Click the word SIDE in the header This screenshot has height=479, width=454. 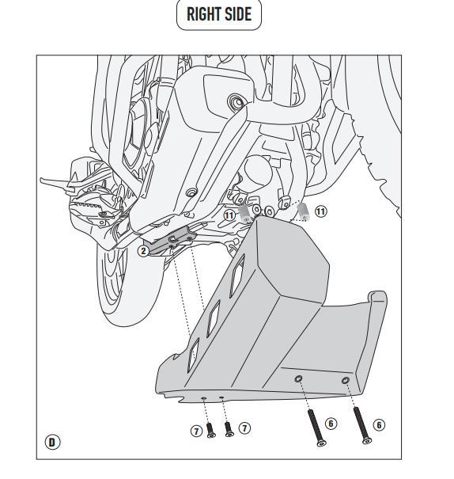click(236, 14)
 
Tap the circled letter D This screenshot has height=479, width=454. click(52, 443)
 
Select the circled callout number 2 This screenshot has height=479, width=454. click(143, 251)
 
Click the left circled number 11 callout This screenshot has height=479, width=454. click(229, 215)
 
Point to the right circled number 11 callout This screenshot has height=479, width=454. click(320, 211)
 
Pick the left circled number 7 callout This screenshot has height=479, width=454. click(197, 431)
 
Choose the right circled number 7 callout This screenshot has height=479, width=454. click(244, 428)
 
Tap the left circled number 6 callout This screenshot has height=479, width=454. click(331, 424)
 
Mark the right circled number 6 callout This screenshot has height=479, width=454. click(379, 425)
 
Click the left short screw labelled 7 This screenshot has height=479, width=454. click(210, 430)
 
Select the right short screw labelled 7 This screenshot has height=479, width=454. click(229, 429)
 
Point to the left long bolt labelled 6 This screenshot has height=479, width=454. click(316, 428)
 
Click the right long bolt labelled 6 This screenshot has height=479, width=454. click(362, 425)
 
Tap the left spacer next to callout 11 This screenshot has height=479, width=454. click(244, 213)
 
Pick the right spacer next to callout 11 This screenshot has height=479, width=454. click(303, 211)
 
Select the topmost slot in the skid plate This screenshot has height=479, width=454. click(237, 276)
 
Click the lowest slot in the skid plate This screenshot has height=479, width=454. click(193, 355)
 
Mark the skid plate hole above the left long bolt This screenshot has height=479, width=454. click(298, 379)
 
